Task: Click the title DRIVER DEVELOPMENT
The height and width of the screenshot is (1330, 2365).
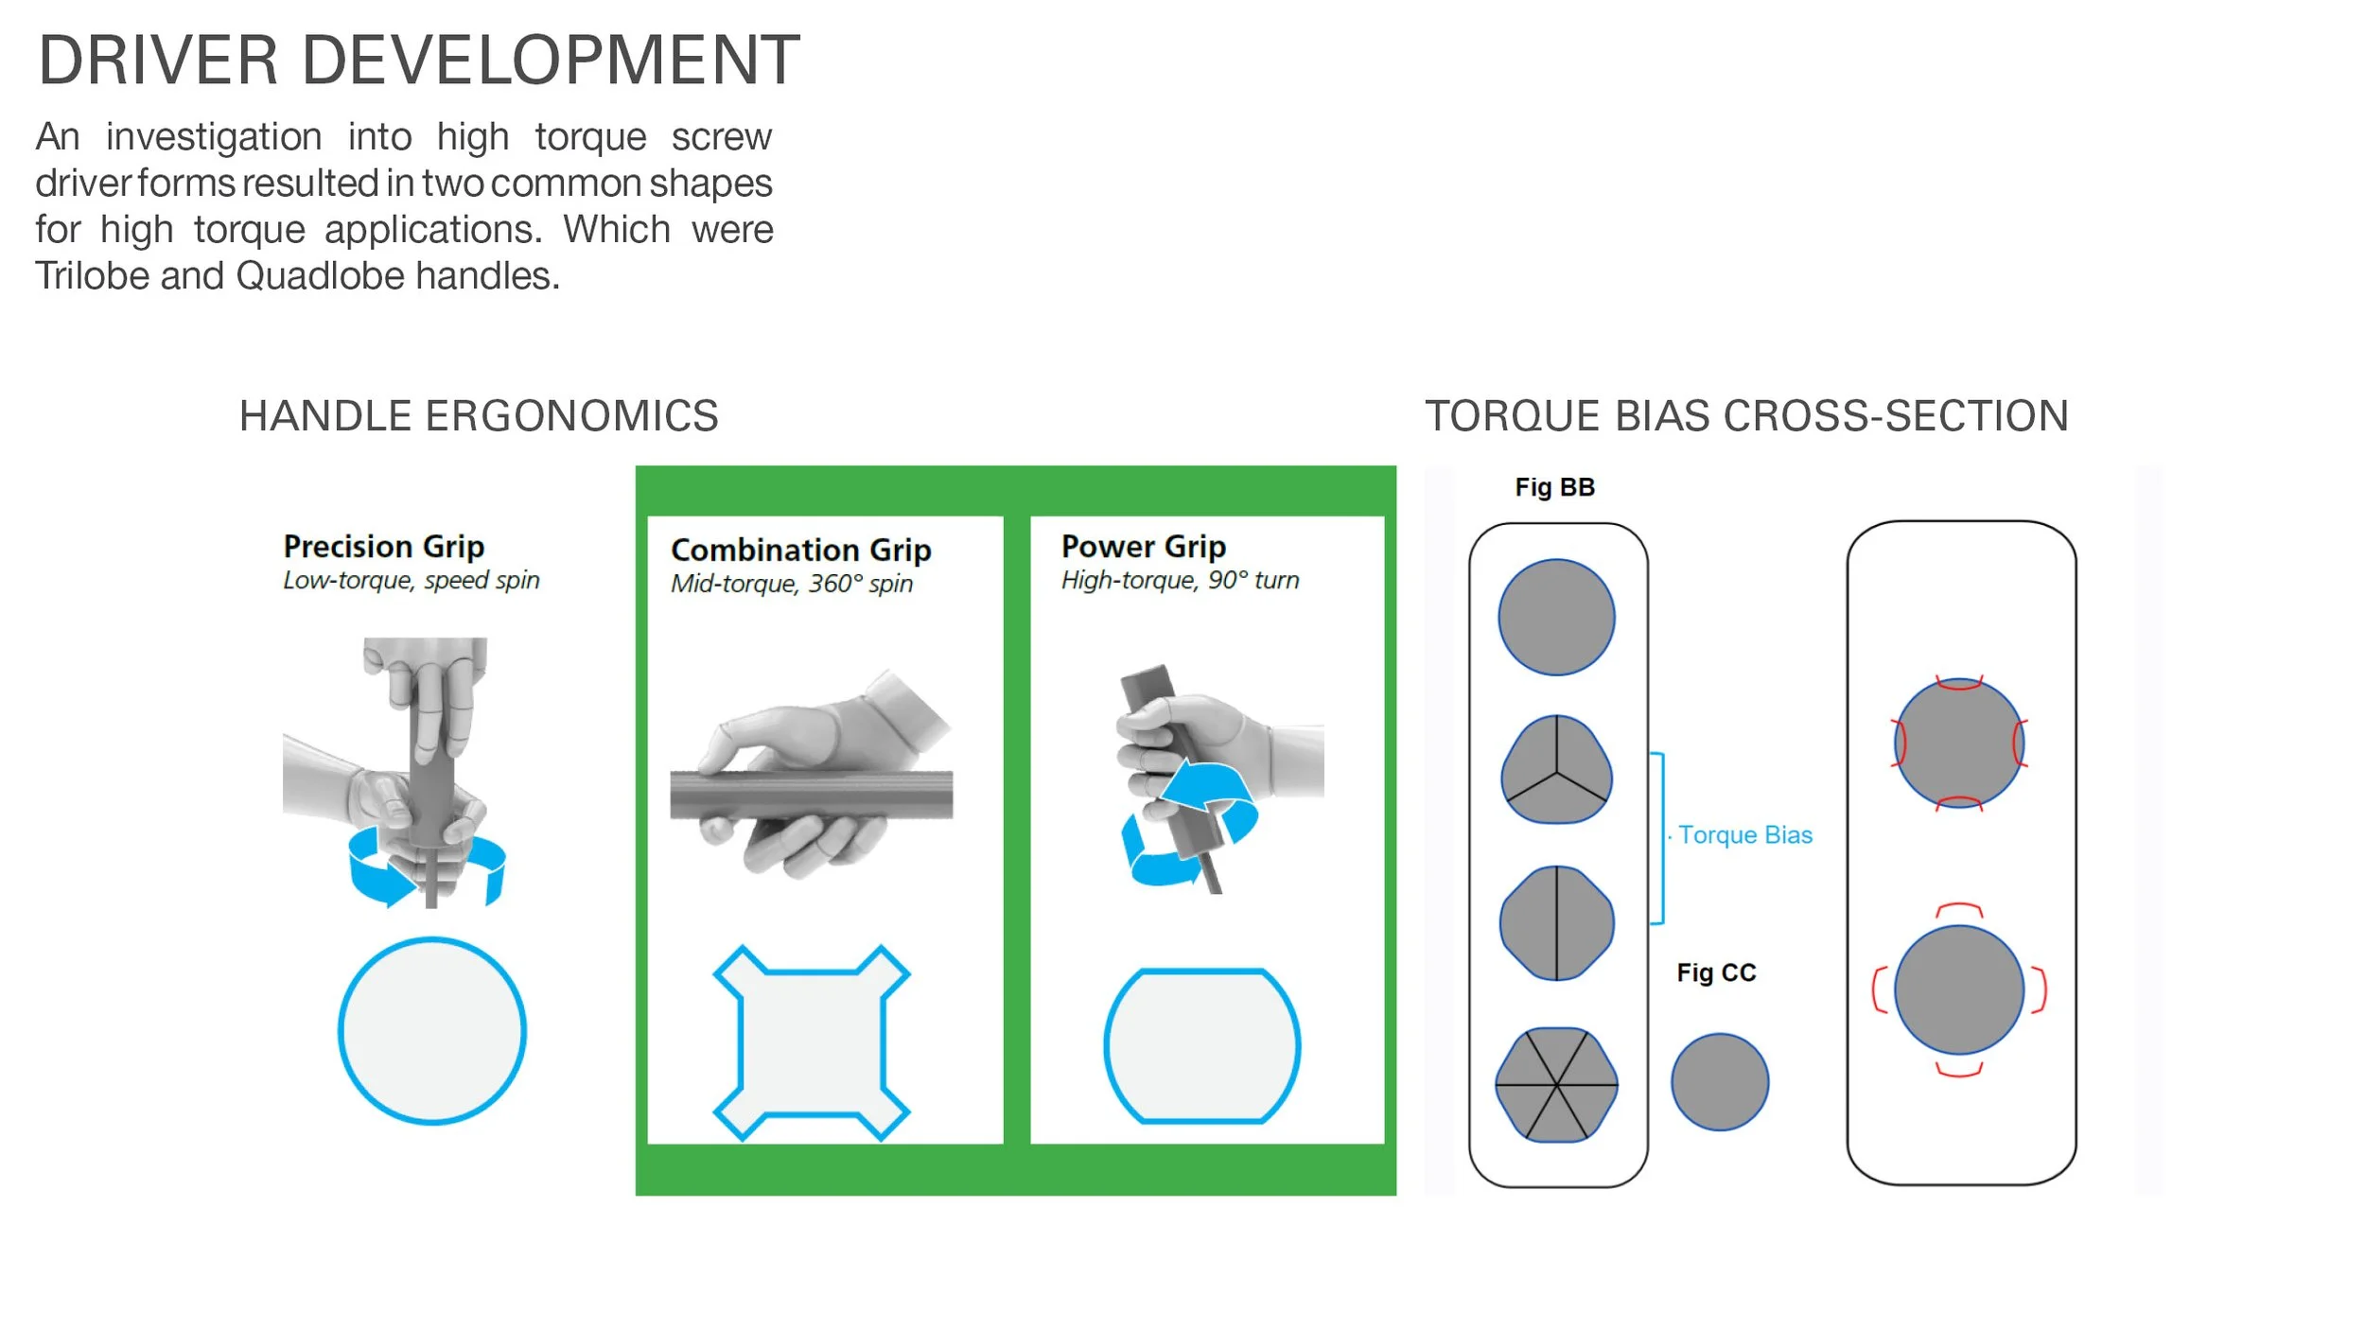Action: pos(419,61)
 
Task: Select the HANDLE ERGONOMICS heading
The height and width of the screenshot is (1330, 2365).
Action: pos(479,416)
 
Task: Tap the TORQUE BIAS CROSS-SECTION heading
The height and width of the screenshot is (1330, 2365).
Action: pos(1746,416)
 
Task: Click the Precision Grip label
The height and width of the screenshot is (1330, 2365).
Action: pos(384,546)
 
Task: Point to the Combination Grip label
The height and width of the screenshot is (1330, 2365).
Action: pos(801,550)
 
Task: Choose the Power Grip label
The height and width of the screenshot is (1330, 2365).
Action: pos(1144,546)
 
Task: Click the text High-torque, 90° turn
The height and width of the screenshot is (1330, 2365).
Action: pos(1180,580)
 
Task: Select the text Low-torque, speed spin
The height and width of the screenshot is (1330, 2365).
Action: pos(412,580)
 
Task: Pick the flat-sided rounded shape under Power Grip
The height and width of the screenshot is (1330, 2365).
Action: pos(1202,1045)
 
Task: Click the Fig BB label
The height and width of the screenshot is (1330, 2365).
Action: pos(1555,487)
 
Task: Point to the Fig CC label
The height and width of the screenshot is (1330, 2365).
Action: pos(1716,972)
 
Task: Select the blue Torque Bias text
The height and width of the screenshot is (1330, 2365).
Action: pos(1745,835)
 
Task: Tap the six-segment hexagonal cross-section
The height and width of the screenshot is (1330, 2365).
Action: pos(1556,1084)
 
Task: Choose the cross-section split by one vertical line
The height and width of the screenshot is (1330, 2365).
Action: pos(1556,923)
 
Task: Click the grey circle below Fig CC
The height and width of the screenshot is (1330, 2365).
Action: pos(1720,1082)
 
